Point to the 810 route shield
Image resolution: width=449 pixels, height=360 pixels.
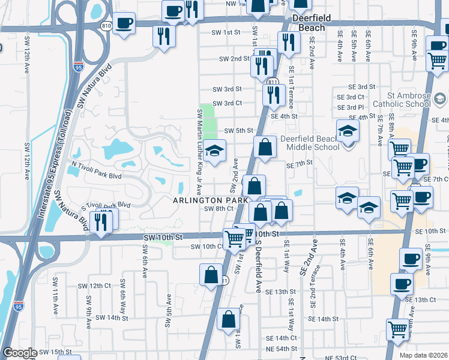tap(106, 26)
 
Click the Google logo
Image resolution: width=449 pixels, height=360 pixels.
tap(20, 353)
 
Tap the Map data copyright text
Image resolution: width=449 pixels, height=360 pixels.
tap(424, 355)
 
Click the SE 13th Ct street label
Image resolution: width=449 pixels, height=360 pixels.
tap(420, 299)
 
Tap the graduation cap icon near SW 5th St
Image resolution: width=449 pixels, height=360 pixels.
tap(213, 151)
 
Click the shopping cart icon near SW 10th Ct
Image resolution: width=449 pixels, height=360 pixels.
tap(234, 239)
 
